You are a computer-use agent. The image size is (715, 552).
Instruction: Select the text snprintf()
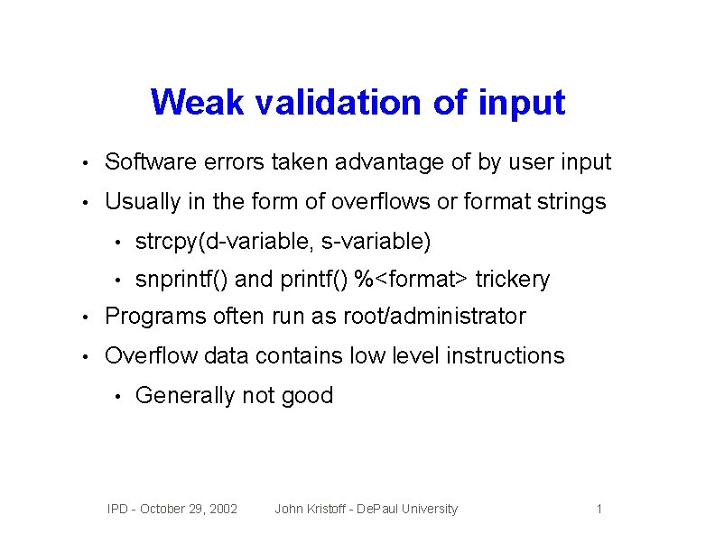(x=181, y=280)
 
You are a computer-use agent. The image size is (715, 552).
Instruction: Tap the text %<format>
(x=413, y=280)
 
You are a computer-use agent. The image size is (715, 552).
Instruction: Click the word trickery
(x=513, y=280)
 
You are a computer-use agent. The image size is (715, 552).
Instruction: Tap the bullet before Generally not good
(x=117, y=396)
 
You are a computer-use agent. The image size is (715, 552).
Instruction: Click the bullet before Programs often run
(x=84, y=317)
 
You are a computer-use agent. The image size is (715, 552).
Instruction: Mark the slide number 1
(x=599, y=510)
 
